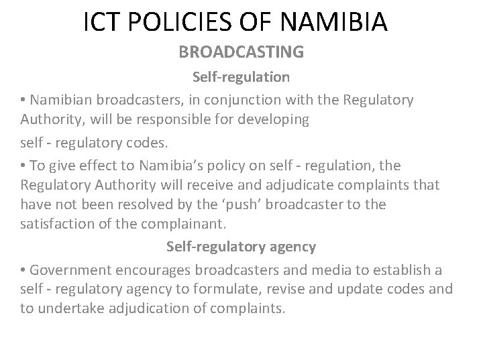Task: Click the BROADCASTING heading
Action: (241, 52)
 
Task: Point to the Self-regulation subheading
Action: (241, 76)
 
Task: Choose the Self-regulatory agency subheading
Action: (241, 247)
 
